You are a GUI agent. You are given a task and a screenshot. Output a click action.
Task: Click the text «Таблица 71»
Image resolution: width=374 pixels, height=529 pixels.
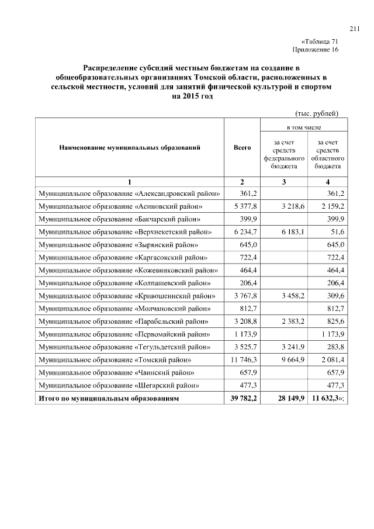[x=319, y=42]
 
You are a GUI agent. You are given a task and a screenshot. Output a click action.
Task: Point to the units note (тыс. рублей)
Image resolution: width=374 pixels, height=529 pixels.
[x=314, y=113]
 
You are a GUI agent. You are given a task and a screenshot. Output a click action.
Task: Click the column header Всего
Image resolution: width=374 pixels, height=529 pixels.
[x=242, y=148]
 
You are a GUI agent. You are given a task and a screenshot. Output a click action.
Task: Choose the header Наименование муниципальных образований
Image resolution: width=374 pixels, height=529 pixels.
[x=130, y=148]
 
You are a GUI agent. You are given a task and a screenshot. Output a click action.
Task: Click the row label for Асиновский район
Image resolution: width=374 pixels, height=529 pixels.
[x=120, y=206]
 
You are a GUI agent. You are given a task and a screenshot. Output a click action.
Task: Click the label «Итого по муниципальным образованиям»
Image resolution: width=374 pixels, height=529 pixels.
[x=108, y=399]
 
